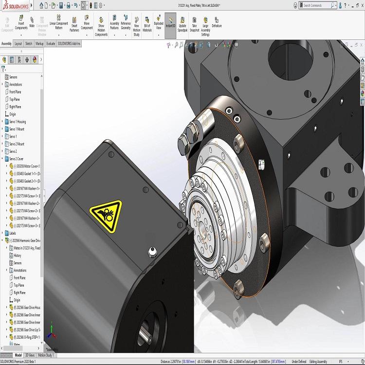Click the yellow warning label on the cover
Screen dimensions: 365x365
105,212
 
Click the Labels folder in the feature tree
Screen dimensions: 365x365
13,233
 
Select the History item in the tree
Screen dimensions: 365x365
18,255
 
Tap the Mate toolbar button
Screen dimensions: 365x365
32,24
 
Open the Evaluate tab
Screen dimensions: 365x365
51,43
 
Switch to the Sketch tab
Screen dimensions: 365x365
29,43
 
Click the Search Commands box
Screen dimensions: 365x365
316,5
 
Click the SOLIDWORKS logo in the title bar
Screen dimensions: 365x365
16,5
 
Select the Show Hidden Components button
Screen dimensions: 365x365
101,27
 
